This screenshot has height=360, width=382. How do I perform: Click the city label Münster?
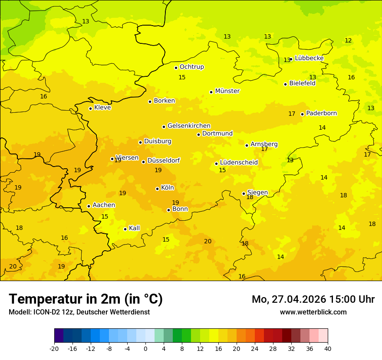pyautogui.click(x=227, y=91)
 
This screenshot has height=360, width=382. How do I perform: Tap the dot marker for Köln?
pyautogui.click(x=157, y=189)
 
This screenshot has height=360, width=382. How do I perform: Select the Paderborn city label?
pyautogui.click(x=321, y=113)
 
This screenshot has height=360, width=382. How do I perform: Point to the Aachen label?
pyautogui.click(x=104, y=205)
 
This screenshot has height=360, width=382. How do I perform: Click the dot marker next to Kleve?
pyautogui.click(x=90, y=108)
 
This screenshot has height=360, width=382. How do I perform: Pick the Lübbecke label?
pyautogui.click(x=309, y=58)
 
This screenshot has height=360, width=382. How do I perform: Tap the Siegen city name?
pyautogui.click(x=257, y=193)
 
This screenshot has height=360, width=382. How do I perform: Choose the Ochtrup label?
pyautogui.click(x=191, y=67)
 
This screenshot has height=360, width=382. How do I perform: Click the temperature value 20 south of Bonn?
pyautogui.click(x=208, y=241)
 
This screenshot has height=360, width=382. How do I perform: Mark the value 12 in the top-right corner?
pyautogui.click(x=348, y=40)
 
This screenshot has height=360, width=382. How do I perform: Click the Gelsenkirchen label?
pyautogui.click(x=189, y=126)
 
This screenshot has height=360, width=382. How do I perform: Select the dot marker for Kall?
pyautogui.click(x=125, y=229)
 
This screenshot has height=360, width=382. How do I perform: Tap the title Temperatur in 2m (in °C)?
pyautogui.click(x=86, y=299)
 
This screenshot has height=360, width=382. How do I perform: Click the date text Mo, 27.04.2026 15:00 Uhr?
pyautogui.click(x=313, y=299)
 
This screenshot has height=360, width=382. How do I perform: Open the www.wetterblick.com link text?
pyautogui.click(x=313, y=312)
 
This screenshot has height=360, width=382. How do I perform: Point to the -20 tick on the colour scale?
pyautogui.click(x=54, y=348)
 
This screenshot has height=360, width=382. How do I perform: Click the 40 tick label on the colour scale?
pyautogui.click(x=328, y=348)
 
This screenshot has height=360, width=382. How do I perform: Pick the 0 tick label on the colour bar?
pyautogui.click(x=145, y=348)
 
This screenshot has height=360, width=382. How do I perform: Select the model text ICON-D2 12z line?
pyautogui.click(x=79, y=312)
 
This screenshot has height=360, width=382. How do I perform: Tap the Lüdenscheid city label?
pyautogui.click(x=239, y=163)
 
